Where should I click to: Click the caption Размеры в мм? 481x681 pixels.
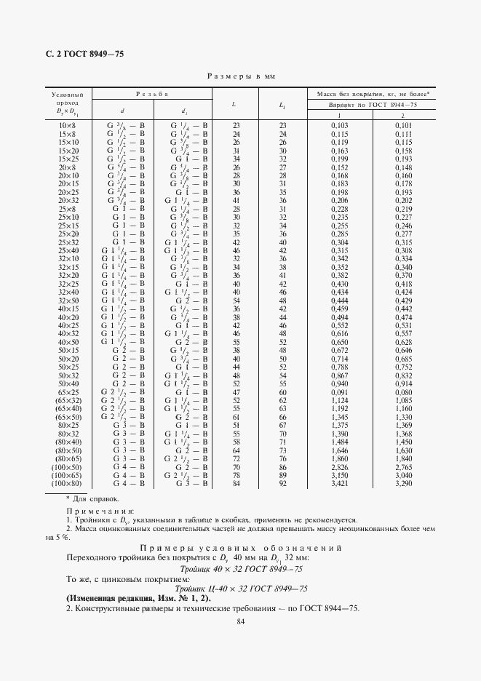[x=241, y=76]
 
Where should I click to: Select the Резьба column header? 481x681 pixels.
[x=152, y=94]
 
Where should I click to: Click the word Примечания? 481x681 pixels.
[x=95, y=512]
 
